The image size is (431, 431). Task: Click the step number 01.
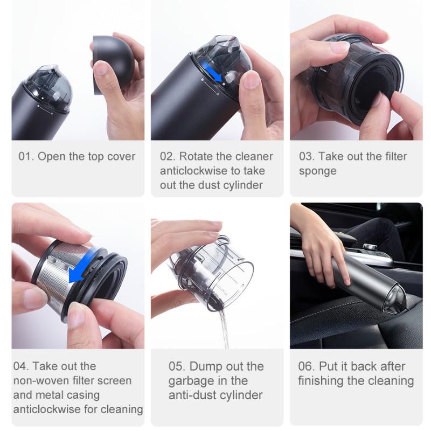point(26,157)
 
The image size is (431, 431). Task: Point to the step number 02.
point(168,157)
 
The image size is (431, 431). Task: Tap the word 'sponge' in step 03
point(318,171)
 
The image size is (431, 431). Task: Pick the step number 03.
point(307,157)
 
